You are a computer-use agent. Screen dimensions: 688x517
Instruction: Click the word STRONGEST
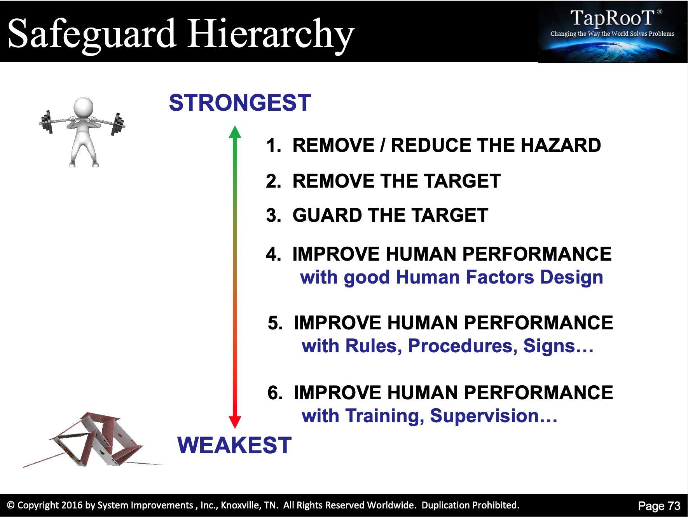tap(240, 103)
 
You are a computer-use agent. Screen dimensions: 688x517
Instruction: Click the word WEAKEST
tap(234, 445)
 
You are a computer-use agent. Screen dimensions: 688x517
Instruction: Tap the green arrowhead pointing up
tap(235, 132)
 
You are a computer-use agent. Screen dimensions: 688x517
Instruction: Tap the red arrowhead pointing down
tap(235, 422)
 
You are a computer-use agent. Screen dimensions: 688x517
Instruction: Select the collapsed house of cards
tap(91, 440)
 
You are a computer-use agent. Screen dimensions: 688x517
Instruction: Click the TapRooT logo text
tap(613, 18)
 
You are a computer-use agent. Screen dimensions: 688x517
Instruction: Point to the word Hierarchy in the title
tap(271, 34)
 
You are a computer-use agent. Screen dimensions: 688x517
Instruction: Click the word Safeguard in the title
tap(92, 34)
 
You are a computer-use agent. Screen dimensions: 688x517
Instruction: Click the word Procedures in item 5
tap(463, 346)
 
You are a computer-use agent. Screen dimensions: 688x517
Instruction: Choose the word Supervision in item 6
tap(494, 416)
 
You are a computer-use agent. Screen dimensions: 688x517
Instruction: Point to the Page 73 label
tap(659, 506)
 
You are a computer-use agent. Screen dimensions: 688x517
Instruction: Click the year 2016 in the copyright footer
tap(72, 505)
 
